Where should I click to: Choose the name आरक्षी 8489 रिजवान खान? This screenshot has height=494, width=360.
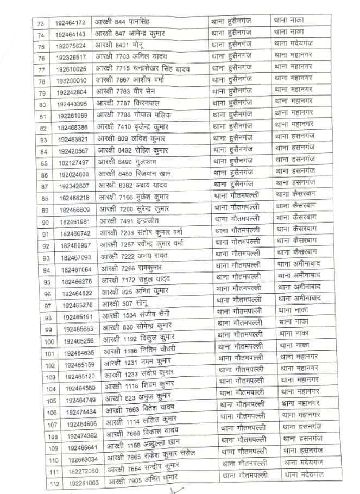pos(132,174)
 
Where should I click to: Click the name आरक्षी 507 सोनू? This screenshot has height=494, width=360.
pos(119,305)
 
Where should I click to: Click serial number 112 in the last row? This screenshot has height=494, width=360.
pos(54,483)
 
